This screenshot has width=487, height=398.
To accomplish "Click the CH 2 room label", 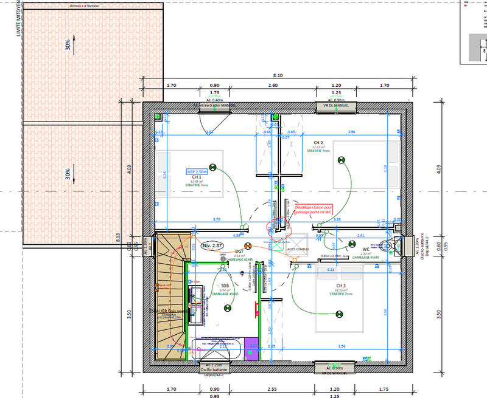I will click(317, 143).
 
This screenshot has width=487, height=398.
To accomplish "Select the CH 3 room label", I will click(340, 285).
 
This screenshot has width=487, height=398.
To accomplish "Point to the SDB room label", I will click(225, 286).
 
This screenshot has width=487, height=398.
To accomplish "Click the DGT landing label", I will click(239, 250).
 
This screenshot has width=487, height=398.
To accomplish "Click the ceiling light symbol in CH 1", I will click(213, 167).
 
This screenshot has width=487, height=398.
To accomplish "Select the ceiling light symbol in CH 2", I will click(342, 160).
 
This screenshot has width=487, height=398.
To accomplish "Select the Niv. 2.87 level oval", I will click(212, 245).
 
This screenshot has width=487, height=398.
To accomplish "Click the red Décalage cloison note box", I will click(313, 210).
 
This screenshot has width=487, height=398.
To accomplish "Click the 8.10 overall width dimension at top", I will click(280, 75).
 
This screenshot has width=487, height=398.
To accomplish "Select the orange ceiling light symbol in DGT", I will click(248, 240).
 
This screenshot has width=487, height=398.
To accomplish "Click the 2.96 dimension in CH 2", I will click(351, 132).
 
